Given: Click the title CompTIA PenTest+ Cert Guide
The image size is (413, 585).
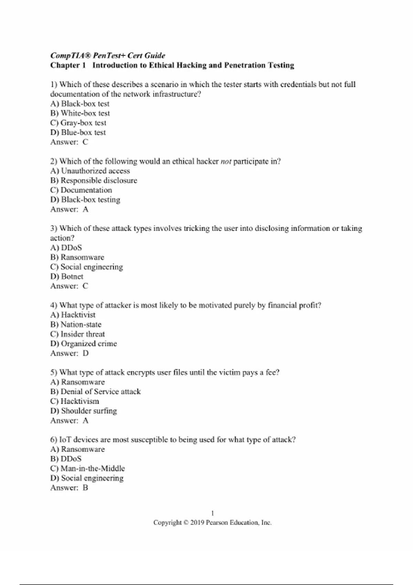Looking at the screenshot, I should click(x=108, y=55).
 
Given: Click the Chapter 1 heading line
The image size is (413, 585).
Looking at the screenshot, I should click(x=172, y=65).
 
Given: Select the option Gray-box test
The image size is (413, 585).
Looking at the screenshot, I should click(x=78, y=123).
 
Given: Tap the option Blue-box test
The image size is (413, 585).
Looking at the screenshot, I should click(x=78, y=132).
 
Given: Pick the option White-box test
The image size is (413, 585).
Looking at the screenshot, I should click(x=80, y=113).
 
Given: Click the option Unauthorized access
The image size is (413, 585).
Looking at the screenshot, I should click(x=90, y=171).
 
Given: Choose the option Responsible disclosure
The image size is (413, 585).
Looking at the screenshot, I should click(x=94, y=181).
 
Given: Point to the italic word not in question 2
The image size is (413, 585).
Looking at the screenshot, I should click(x=226, y=161).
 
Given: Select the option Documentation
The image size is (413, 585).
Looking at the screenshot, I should click(x=81, y=190).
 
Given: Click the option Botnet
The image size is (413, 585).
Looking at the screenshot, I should click(x=67, y=276).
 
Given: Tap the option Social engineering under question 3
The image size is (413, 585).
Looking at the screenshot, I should click(x=86, y=267).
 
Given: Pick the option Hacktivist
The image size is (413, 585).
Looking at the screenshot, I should click(x=73, y=315).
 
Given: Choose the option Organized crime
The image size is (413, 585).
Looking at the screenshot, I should click(x=84, y=343).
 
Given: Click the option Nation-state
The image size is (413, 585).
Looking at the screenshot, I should click(x=76, y=325).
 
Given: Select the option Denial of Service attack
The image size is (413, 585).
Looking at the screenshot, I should click(x=95, y=392).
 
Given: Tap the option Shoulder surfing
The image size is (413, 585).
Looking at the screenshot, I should click(x=84, y=411).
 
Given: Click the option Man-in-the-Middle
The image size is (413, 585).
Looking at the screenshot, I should click(x=87, y=468).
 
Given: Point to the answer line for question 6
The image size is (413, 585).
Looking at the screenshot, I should click(x=69, y=488).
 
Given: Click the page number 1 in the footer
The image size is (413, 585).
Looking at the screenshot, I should click(x=212, y=513).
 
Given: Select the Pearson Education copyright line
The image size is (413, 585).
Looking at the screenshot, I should click(x=212, y=522).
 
